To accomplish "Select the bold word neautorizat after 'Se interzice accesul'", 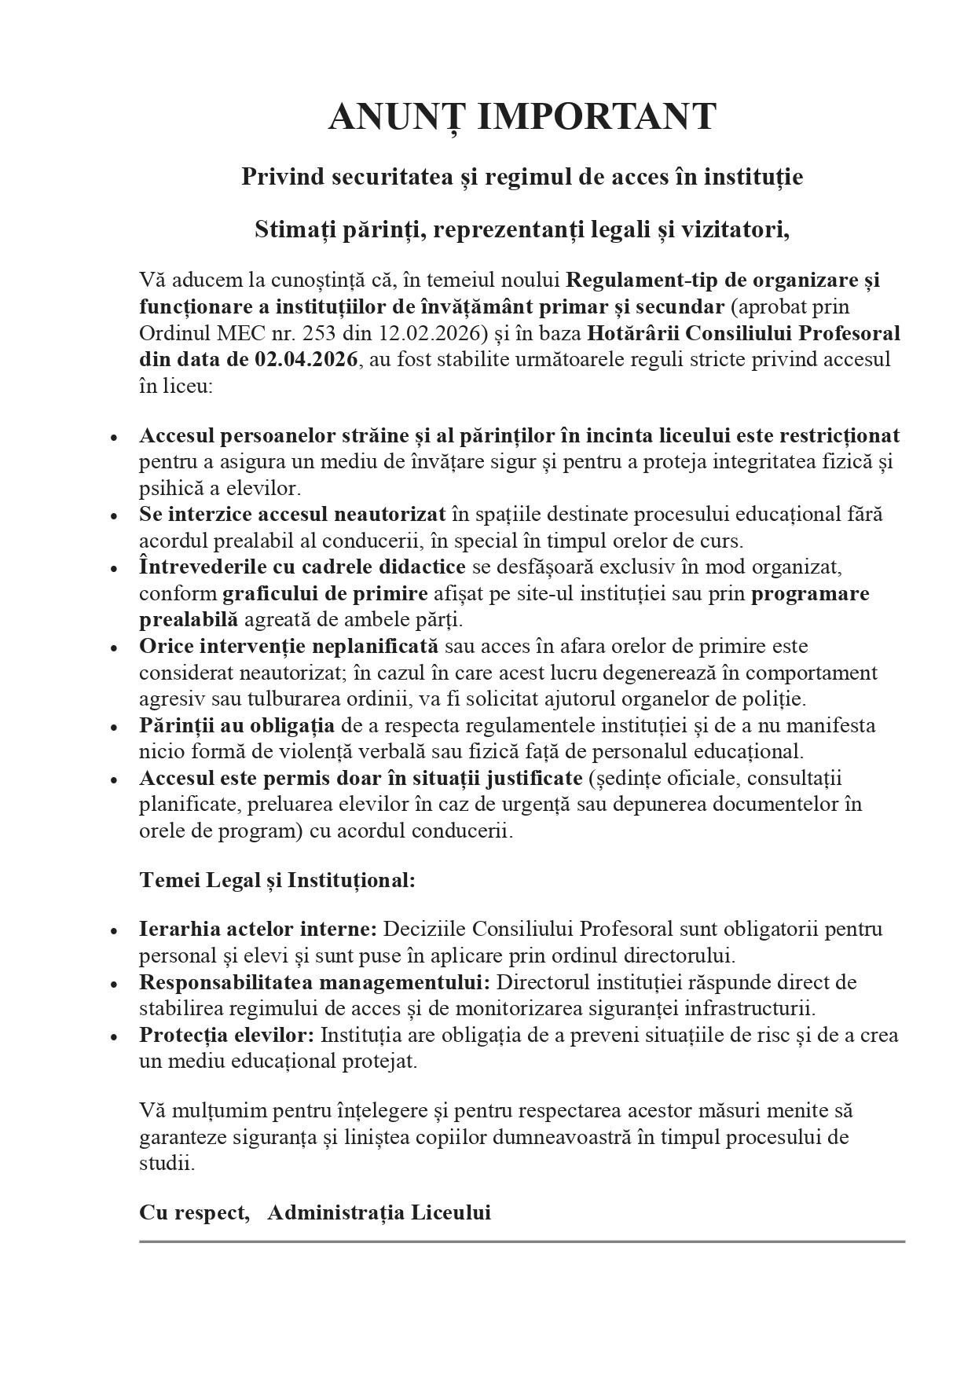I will pos(390,515).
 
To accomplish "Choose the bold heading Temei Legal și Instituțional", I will pos(277,880).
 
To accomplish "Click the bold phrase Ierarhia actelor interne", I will pos(258,930).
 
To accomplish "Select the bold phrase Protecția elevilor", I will pos(227,1035).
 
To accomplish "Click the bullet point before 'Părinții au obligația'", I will pos(115,727).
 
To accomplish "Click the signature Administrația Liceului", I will pos(379,1212).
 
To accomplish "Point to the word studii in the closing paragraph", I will pos(166,1164).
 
